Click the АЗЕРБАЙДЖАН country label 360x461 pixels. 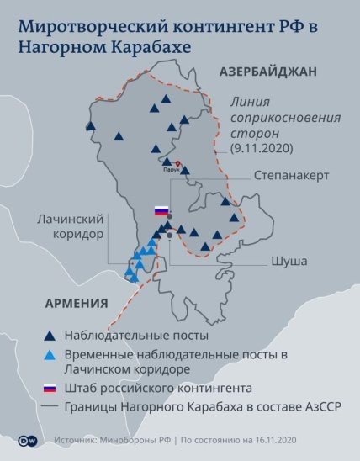pos(267,72)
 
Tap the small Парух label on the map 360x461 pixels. pos(172,169)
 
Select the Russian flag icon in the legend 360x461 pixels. pos(50,389)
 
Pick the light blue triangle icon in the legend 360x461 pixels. pos(50,355)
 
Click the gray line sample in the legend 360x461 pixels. pos(50,408)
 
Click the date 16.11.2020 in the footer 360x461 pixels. pos(269,440)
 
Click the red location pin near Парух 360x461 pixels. pos(178,165)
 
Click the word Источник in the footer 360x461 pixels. pos(75,440)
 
